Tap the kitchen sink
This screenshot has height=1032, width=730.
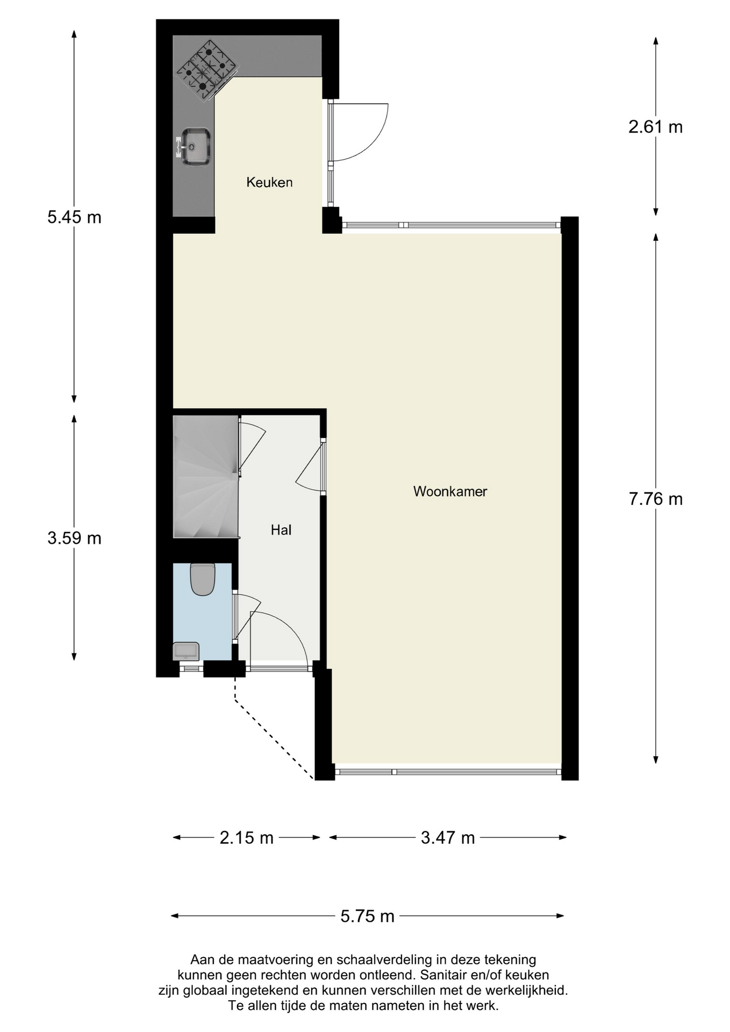point(195,146)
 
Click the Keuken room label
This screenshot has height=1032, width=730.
point(269,182)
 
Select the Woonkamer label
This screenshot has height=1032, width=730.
point(450,491)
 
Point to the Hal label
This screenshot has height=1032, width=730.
point(281,531)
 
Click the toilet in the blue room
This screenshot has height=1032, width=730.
point(203,579)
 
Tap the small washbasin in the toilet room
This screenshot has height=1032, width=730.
point(186,651)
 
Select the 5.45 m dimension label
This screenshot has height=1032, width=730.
point(74,217)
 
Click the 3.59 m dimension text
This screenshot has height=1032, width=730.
point(74,538)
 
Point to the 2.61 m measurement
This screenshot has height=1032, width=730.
point(655,127)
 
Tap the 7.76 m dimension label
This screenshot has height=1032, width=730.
point(655,499)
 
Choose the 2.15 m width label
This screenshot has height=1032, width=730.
point(246,837)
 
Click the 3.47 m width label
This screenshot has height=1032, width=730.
point(447,837)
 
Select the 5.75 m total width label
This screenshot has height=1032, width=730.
point(367,916)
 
